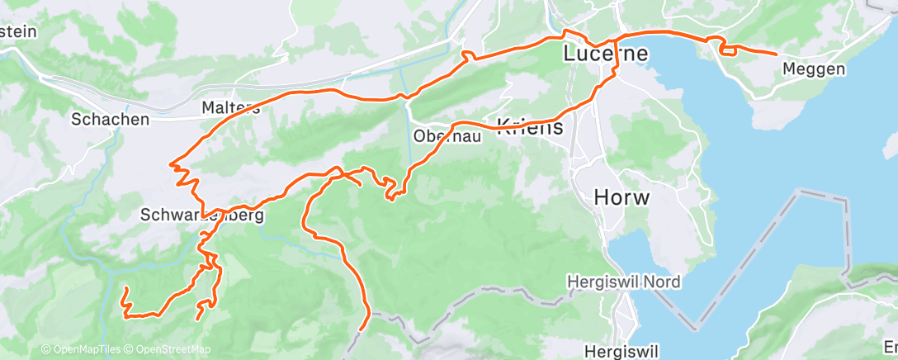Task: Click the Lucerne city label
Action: [604, 54]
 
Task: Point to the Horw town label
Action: [622, 198]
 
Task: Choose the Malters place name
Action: [231, 107]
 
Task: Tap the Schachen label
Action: [111, 119]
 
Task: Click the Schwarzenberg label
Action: [202, 216]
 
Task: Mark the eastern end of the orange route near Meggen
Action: [776, 53]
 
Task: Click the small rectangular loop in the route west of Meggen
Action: [728, 50]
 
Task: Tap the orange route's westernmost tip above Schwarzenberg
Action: [171, 164]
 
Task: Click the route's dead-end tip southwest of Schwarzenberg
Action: [125, 288]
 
